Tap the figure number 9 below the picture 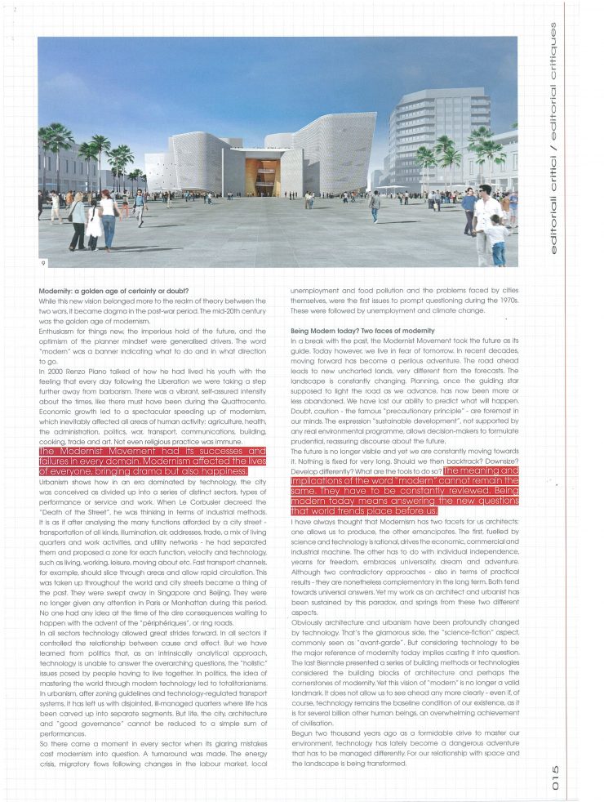click(42, 263)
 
